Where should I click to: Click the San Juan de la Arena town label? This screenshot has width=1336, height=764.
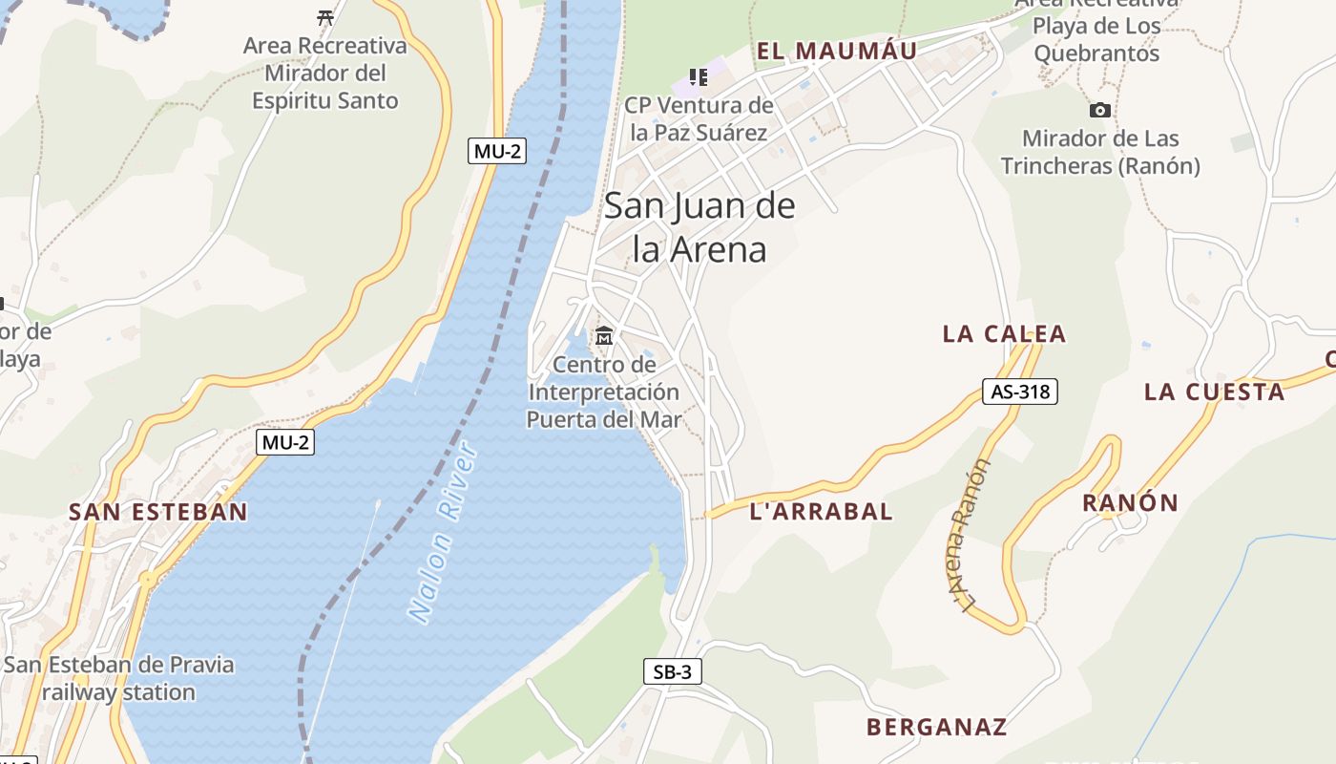pyautogui.click(x=699, y=227)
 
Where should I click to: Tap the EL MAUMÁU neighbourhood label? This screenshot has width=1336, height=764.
pyautogui.click(x=837, y=51)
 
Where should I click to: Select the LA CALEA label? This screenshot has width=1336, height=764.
pyautogui.click(x=1004, y=333)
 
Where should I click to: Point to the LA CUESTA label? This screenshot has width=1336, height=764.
pyautogui.click(x=1214, y=392)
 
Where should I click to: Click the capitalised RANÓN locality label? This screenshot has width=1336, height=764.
pyautogui.click(x=1130, y=502)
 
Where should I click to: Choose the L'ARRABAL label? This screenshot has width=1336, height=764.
pyautogui.click(x=822, y=511)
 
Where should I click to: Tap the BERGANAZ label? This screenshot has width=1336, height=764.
pyautogui.click(x=936, y=727)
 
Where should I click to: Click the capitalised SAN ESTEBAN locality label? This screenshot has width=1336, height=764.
pyautogui.click(x=157, y=512)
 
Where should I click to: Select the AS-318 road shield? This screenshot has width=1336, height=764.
pyautogui.click(x=1019, y=391)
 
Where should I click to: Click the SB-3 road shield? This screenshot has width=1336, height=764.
pyautogui.click(x=672, y=671)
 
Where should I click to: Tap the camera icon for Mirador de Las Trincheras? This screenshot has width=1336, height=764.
pyautogui.click(x=1099, y=110)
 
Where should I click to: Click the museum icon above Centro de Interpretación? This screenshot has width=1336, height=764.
pyautogui.click(x=604, y=336)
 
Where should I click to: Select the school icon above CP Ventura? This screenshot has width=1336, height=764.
pyautogui.click(x=699, y=76)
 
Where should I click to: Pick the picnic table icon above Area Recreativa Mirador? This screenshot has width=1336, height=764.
pyautogui.click(x=325, y=17)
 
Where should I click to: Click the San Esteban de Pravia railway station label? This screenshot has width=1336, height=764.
pyautogui.click(x=118, y=678)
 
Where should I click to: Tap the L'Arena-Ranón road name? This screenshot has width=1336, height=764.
pyautogui.click(x=972, y=535)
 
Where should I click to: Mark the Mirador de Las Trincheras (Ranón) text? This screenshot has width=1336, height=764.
pyautogui.click(x=1099, y=153)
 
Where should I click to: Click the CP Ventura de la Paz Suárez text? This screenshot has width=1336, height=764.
pyautogui.click(x=699, y=118)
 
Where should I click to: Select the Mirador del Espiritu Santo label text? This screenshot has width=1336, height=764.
pyautogui.click(x=324, y=73)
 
